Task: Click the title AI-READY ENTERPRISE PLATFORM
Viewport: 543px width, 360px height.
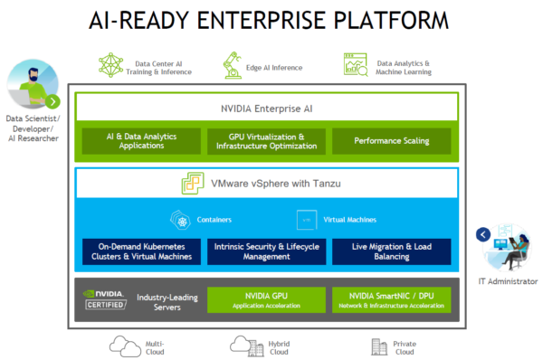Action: [271, 22]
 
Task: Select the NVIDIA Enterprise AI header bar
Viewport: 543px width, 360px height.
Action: [272, 109]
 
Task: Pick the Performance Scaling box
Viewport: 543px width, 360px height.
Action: [391, 141]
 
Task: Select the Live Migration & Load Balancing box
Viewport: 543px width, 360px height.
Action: [390, 251]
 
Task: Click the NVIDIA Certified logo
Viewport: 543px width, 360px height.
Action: [103, 299]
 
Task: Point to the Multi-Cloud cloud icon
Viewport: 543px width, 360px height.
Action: [121, 345]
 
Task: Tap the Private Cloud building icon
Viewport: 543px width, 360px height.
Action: [379, 345]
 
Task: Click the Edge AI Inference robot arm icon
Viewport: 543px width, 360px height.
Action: [232, 65]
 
